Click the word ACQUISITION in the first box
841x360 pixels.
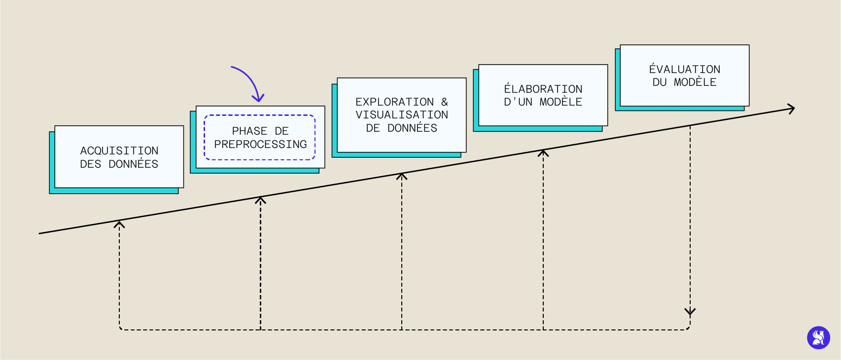(x=119, y=151)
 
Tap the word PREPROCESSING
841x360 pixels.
(x=260, y=144)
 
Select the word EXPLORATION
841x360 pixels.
(x=394, y=102)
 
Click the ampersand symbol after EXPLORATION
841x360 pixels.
(x=445, y=102)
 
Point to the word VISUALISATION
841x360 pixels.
(x=402, y=115)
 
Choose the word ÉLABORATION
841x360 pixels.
(x=543, y=89)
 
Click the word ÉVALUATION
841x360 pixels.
(x=684, y=70)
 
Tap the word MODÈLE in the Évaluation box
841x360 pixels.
(x=695, y=82)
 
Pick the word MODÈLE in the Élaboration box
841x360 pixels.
(x=561, y=102)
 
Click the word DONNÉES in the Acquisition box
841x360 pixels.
(x=134, y=164)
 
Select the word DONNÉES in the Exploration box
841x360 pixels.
(x=412, y=128)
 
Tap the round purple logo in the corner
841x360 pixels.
(x=818, y=338)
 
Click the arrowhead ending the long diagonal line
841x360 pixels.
(x=792, y=108)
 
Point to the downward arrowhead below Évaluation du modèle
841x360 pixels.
(x=690, y=312)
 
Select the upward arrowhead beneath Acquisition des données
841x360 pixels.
(x=119, y=224)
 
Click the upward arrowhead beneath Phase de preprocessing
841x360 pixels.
(x=260, y=200)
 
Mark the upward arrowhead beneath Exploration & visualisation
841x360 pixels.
(x=402, y=176)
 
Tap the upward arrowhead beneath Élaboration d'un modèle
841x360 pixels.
(x=543, y=153)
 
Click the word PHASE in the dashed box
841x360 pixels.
(x=249, y=131)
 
